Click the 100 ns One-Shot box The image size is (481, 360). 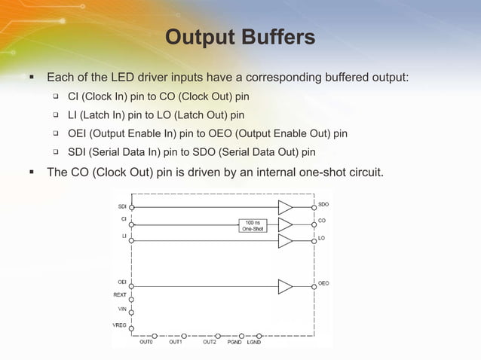252,225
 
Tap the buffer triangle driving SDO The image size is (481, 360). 285,207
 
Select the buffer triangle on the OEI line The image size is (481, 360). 285,286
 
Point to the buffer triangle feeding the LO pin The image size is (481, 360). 285,241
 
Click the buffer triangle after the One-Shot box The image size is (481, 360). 285,224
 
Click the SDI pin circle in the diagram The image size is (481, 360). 132,206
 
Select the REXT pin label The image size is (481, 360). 120,295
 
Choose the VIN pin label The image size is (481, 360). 121,310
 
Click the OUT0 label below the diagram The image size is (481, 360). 146,343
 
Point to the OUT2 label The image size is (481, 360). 210,343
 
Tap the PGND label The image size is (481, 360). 234,343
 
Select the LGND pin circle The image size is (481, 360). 260,335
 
